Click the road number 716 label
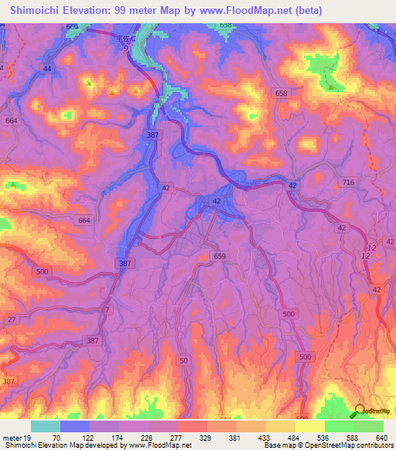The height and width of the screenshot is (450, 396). tap(348, 182)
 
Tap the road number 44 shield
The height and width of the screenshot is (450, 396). tap(47, 69)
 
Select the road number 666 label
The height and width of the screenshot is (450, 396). tap(73, 27)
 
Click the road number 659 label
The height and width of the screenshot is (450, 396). tap(220, 256)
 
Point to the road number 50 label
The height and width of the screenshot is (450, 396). tap(184, 361)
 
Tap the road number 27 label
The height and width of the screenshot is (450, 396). tap(12, 319)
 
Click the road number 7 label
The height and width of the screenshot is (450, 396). tap(108, 309)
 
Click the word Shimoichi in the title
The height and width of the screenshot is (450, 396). tap(36, 9)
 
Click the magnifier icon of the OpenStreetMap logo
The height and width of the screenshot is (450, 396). tap(360, 411)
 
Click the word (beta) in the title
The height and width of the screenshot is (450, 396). tap(304, 9)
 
